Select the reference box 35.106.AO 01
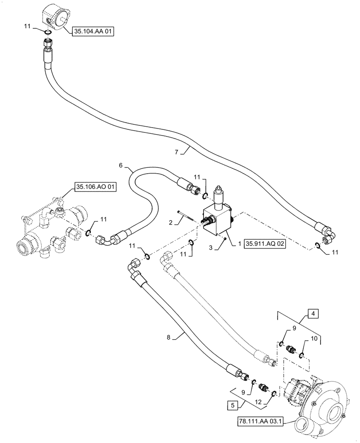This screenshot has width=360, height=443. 95,187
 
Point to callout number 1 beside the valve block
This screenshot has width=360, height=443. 239,244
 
